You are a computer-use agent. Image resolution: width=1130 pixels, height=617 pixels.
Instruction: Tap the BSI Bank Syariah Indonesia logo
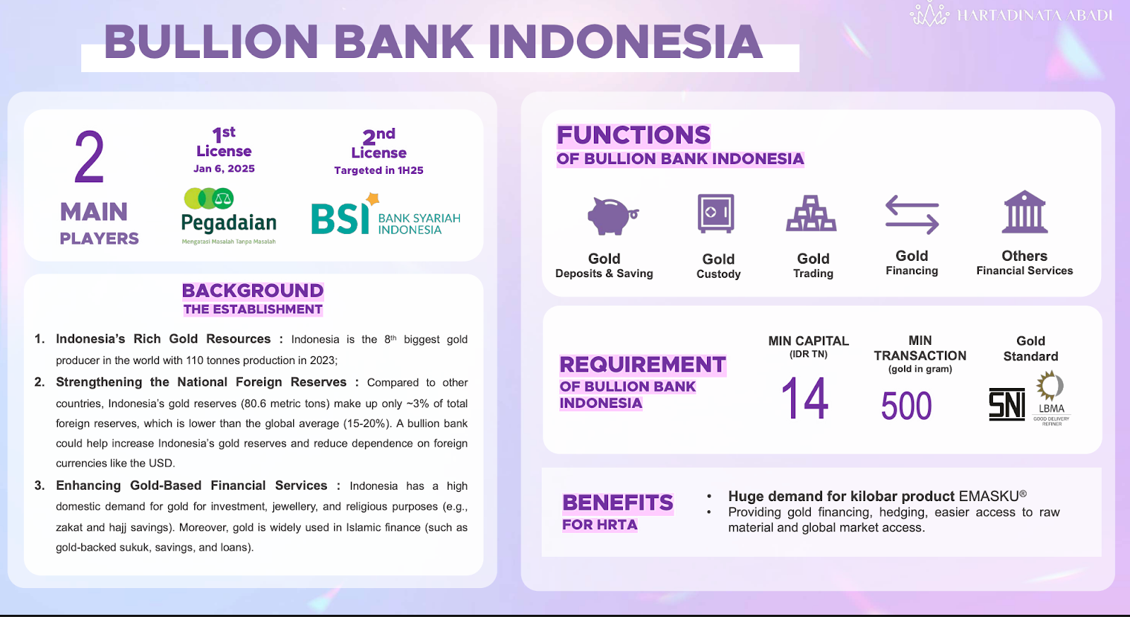[386, 214]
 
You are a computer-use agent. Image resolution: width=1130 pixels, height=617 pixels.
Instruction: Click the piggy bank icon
[612, 216]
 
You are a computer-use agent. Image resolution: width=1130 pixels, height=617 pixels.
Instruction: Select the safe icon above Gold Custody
[715, 213]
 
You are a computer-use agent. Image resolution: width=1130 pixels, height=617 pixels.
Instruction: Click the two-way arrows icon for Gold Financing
[912, 215]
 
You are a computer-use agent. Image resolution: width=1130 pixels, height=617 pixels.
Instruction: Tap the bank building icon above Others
[1025, 211]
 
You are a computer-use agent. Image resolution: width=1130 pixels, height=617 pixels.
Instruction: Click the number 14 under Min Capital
[804, 399]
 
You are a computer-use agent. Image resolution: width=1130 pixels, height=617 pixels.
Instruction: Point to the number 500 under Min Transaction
[906, 406]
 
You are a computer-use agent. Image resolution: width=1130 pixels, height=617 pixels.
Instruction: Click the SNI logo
[1007, 404]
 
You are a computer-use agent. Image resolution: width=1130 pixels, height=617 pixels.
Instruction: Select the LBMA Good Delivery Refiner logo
[1052, 398]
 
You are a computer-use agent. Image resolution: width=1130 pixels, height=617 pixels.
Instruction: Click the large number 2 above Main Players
[89, 157]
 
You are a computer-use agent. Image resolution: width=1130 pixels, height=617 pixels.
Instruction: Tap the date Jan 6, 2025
[224, 169]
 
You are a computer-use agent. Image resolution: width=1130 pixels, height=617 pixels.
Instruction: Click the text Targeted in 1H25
[379, 170]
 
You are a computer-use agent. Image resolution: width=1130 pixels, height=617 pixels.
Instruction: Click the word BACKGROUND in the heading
[253, 290]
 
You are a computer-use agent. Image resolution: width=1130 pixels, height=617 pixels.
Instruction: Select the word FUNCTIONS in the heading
[634, 135]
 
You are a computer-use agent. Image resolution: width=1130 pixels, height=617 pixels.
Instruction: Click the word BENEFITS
[618, 503]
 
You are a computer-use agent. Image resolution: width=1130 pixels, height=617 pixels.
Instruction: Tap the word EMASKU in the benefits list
[989, 496]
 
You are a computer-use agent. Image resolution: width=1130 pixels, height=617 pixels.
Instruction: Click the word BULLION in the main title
[211, 42]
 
